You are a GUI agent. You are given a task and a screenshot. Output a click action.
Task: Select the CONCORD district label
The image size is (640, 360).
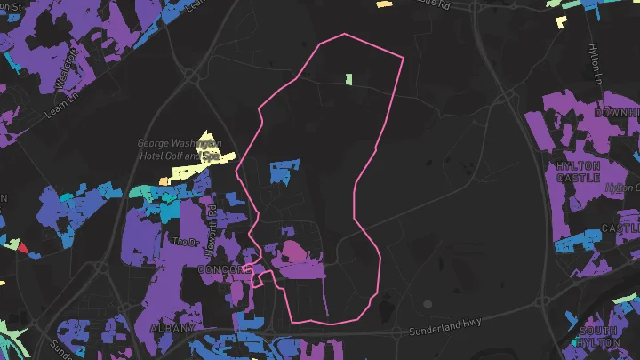point(221,269)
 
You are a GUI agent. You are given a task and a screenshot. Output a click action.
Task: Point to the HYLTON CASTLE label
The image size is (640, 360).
point(579,172)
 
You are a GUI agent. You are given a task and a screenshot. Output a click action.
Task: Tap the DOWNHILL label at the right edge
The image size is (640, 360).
point(617,114)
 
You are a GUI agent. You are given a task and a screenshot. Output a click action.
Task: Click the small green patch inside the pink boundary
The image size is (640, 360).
point(349,79)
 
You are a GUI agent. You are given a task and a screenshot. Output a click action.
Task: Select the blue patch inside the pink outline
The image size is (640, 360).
point(284,171)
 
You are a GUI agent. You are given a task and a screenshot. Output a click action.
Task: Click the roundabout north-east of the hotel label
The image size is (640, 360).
point(193,77)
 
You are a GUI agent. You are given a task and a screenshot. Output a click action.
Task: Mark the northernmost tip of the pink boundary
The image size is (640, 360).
point(345,35)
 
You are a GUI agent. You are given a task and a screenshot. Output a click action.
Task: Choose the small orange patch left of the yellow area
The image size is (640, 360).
point(164,180)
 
